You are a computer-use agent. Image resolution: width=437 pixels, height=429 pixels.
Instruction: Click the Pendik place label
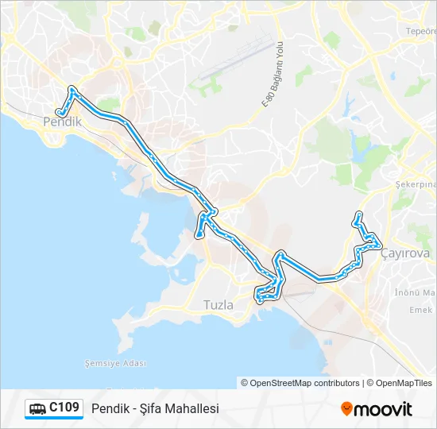tap(62, 122)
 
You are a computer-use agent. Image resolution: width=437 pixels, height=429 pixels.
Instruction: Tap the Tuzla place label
tap(218, 304)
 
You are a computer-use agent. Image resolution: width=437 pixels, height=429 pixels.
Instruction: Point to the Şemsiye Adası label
tap(116, 363)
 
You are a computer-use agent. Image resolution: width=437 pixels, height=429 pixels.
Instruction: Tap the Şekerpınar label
tap(416, 184)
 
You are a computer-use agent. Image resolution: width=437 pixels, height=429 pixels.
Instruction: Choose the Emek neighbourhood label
tap(421, 310)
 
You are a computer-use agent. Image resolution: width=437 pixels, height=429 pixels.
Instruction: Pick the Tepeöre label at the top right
tap(421, 31)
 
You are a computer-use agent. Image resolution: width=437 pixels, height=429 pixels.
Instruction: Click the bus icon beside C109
tap(37, 409)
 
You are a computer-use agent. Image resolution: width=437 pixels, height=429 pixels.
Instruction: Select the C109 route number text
tap(64, 408)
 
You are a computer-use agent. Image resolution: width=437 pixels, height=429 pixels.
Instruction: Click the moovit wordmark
tap(383, 409)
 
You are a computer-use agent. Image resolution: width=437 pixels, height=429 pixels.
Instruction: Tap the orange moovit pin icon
tap(346, 408)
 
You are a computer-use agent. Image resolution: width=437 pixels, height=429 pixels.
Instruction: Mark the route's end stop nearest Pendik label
tap(60, 112)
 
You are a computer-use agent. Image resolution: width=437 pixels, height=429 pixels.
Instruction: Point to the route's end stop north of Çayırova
tap(359, 214)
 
